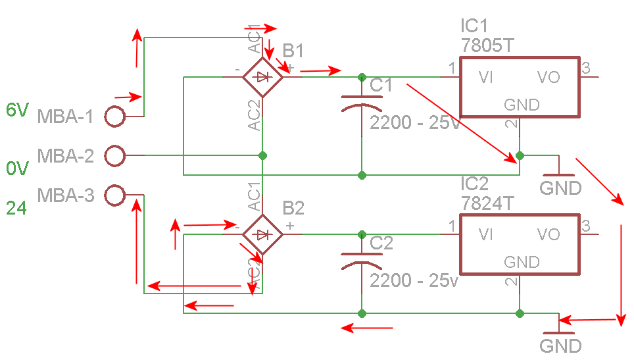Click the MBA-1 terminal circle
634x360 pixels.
point(115,116)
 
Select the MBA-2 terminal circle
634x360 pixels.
point(115,156)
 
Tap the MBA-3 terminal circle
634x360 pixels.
point(115,195)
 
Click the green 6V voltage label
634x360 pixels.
point(16,110)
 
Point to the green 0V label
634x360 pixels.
point(16,169)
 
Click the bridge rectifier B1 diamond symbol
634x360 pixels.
point(263,77)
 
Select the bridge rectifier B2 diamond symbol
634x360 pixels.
point(263,234)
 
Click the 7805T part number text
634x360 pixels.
point(487,46)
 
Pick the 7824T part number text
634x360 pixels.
point(487,203)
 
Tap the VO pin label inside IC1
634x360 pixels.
point(548,78)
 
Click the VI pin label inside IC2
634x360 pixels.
point(487,235)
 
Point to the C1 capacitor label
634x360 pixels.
point(381,86)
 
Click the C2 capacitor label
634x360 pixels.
point(381,244)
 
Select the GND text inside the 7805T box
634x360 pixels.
point(522,105)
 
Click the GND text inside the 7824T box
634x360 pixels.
point(522,262)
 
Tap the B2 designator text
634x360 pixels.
point(293,209)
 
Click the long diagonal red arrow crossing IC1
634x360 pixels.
point(460,122)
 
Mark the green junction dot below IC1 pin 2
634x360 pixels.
point(520,156)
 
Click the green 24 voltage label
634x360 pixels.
point(16,209)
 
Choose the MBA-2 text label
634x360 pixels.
point(66,156)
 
